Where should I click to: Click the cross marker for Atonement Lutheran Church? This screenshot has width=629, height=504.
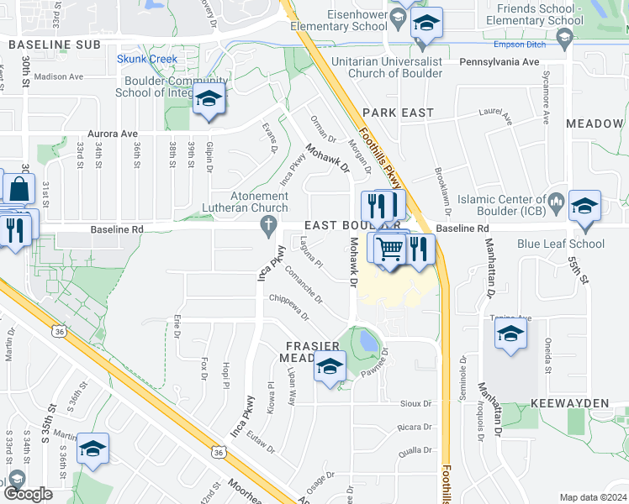(x=268, y=223)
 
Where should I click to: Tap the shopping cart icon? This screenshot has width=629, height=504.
(x=389, y=248)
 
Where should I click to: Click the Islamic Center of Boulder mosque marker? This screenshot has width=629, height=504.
(x=555, y=202)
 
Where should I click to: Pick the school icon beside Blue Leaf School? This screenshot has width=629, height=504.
(x=584, y=207)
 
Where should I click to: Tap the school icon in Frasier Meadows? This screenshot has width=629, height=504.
(x=330, y=367)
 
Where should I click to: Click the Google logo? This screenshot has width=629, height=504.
(x=27, y=494)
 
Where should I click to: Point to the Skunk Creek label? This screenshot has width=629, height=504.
(x=147, y=59)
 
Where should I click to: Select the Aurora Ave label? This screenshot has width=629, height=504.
(x=113, y=134)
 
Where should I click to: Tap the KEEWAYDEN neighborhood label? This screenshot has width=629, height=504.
(x=575, y=403)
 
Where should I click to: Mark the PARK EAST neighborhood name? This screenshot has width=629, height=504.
(x=398, y=113)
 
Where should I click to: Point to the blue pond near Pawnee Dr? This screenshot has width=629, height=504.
(x=368, y=340)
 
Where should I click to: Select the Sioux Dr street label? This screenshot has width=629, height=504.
(x=415, y=403)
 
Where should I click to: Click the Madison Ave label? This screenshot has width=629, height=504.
(x=60, y=76)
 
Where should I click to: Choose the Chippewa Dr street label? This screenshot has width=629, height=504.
(x=289, y=308)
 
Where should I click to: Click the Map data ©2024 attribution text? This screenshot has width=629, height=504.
(x=592, y=497)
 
